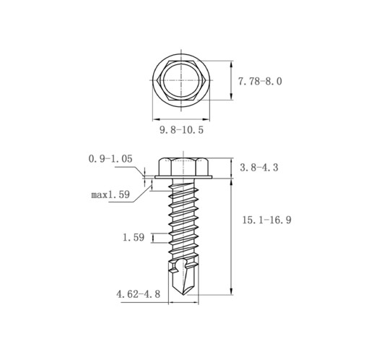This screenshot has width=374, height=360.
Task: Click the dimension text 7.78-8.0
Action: click(x=260, y=82)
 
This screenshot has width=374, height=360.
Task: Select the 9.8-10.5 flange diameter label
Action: click(x=182, y=130)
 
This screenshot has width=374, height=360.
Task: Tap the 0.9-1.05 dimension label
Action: click(x=110, y=159)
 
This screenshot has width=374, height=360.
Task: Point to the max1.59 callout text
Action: click(x=110, y=194)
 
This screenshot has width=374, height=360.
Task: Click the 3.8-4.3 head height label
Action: click(x=259, y=167)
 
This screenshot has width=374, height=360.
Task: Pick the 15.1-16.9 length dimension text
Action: click(x=266, y=220)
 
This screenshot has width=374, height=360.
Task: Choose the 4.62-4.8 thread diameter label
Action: click(x=138, y=294)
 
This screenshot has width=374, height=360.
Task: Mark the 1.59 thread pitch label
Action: click(x=134, y=237)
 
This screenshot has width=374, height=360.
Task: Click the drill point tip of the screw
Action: click(x=183, y=295)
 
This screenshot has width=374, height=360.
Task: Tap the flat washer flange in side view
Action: click(x=183, y=177)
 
